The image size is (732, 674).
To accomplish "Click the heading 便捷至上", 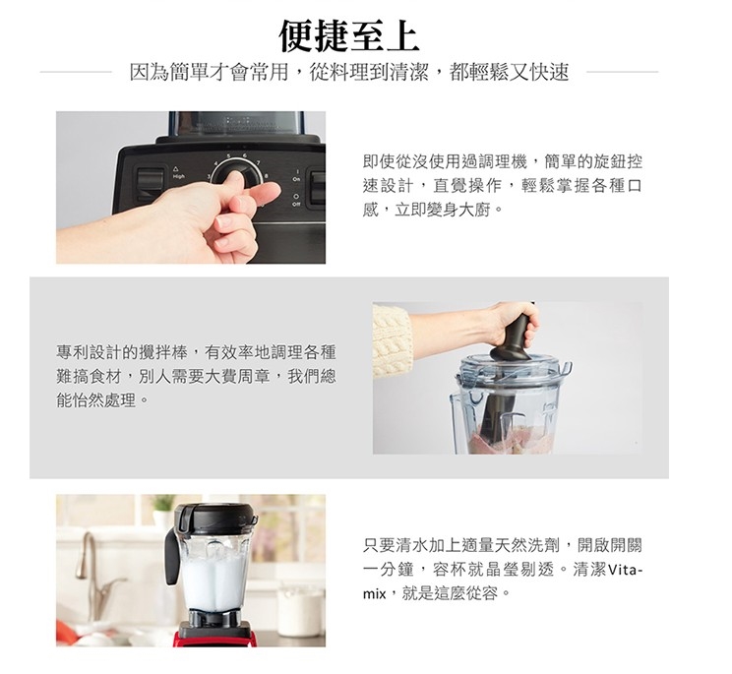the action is click(x=348, y=35).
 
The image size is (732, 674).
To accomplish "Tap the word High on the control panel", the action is click(x=178, y=176).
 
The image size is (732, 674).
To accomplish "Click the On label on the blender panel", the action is click(x=296, y=179).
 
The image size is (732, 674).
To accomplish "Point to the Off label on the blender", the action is click(x=296, y=204).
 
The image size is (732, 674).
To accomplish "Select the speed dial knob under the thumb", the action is click(x=236, y=177).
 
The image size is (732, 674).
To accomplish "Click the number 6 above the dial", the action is click(x=244, y=155).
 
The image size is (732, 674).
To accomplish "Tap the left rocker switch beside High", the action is click(x=150, y=184).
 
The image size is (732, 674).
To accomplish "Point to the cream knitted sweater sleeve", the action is click(x=393, y=340).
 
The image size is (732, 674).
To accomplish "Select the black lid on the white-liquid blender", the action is click(x=215, y=520).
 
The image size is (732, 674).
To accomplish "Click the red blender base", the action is click(x=214, y=640).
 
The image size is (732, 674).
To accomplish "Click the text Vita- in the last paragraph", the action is click(x=626, y=570).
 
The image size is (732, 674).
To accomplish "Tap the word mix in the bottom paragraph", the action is click(x=375, y=594).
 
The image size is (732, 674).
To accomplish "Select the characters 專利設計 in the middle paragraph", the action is click(x=89, y=352).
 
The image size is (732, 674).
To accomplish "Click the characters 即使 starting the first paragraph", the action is click(x=379, y=161).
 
